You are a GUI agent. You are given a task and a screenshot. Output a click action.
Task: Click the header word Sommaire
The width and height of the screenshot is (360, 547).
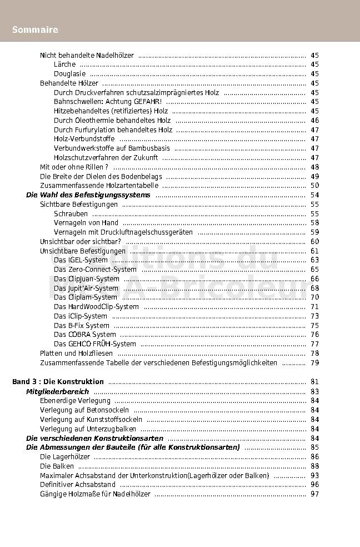pos(35,29)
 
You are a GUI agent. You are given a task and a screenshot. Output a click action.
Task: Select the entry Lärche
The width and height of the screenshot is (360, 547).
pos(64,64)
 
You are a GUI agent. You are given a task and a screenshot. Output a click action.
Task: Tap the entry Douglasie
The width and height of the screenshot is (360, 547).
pos(69,74)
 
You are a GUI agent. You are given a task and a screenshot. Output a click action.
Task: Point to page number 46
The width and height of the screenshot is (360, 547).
pos(314,121)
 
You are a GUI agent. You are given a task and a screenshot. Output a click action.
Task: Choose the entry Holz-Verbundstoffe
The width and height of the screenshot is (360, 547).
pos(84,139)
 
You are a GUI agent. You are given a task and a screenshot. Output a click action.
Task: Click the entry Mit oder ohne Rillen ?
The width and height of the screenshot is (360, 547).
pos(74,167)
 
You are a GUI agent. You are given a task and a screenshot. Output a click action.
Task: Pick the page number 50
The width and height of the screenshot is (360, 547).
pos(314,186)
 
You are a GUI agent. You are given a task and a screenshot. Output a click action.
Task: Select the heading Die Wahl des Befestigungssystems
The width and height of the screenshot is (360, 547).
pos(88,195)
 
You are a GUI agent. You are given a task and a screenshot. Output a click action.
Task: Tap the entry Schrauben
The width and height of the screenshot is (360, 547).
pos(71,213)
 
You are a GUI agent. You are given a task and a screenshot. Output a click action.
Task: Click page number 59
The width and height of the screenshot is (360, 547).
pos(314,232)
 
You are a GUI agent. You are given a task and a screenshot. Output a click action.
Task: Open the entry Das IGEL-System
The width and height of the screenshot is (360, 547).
pos(81,260)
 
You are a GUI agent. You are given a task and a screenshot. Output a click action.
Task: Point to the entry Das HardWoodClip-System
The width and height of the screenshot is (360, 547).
pos(96,307)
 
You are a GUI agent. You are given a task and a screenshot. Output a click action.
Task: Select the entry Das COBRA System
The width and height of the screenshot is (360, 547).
pos(84,335)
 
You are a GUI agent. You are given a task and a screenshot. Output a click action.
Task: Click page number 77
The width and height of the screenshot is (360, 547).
pos(314,344)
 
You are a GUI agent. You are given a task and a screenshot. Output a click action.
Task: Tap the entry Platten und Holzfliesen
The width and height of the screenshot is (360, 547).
pos(76,354)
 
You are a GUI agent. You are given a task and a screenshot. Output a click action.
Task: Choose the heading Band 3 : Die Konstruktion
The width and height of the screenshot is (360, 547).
pos(58,382)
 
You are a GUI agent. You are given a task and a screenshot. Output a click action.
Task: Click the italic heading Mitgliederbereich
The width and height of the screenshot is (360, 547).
pos(57,392)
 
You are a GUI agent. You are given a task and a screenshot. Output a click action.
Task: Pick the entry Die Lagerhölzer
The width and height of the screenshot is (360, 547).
pos(64,457)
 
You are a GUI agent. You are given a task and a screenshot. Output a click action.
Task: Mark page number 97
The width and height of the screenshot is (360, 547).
pos(314,494)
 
